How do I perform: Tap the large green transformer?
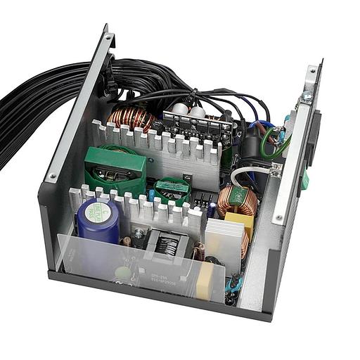[x=115, y=170]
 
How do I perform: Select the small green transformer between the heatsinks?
[x=172, y=189]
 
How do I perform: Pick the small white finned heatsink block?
[x=224, y=237]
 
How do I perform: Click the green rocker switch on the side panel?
[x=304, y=181]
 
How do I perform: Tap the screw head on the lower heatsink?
[x=138, y=233]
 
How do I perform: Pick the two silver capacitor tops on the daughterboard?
[x=188, y=110]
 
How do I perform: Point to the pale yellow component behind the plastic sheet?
[x=205, y=279]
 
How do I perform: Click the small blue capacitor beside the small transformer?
[x=212, y=208]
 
